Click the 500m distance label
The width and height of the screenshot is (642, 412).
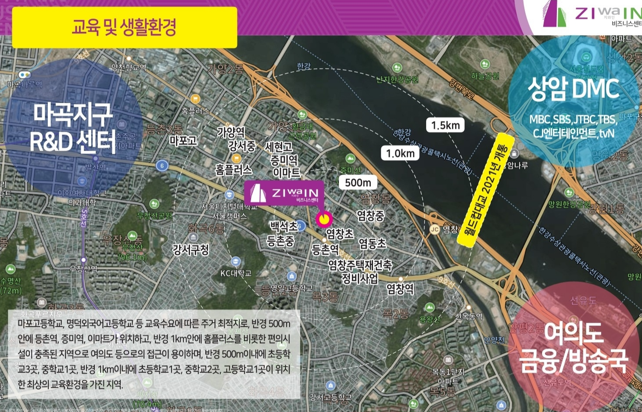358,182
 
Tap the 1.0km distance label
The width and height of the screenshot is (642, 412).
400,153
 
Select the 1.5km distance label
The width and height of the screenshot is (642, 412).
445,125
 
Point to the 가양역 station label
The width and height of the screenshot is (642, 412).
231,132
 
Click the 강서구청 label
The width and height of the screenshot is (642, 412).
190,249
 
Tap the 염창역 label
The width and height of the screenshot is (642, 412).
400,289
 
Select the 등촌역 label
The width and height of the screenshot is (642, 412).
325,249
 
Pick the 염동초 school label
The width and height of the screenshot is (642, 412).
372,243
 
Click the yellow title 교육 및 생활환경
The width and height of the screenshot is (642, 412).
124,27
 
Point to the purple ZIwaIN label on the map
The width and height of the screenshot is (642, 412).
284,193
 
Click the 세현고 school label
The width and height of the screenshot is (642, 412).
279,147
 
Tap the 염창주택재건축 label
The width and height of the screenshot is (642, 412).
360,265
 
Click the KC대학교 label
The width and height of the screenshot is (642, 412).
236,273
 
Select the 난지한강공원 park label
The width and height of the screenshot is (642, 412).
398,80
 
